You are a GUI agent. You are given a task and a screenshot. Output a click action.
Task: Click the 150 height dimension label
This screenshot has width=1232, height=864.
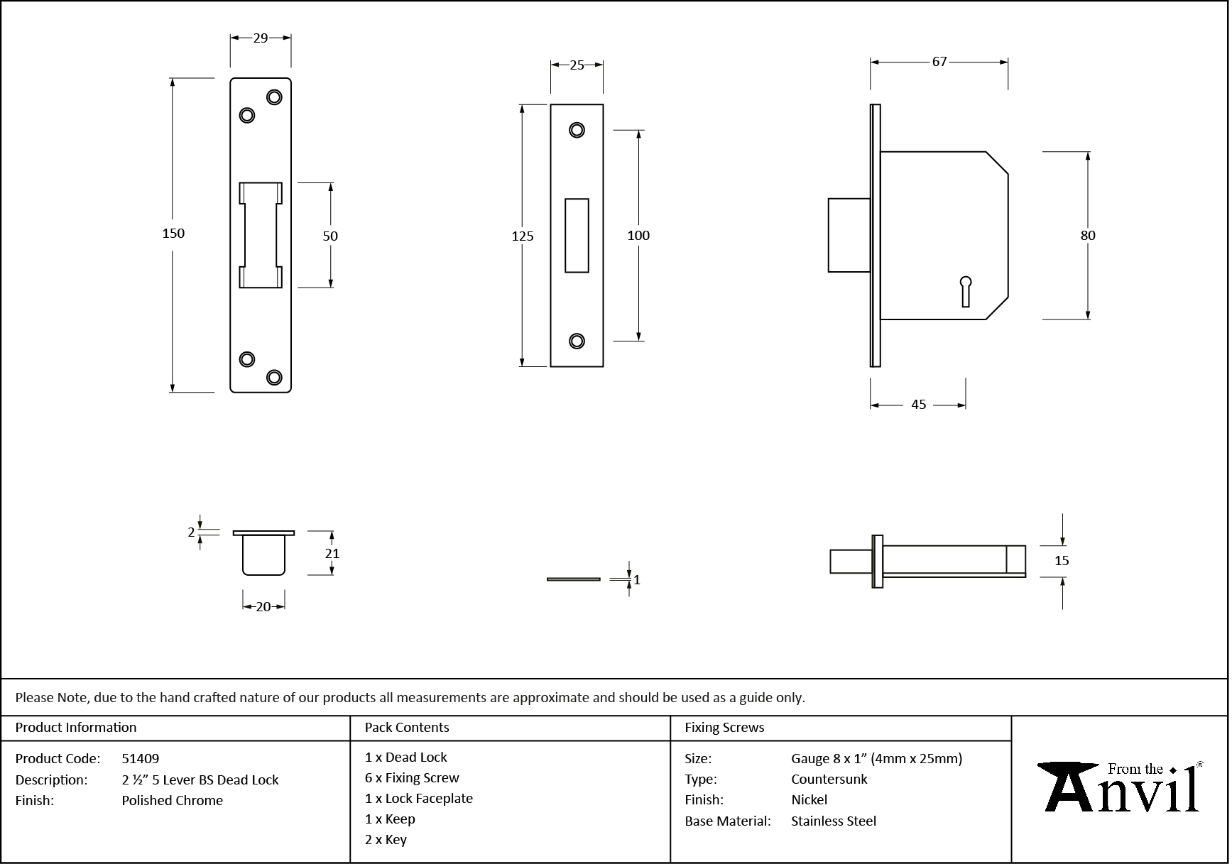coord(173,233)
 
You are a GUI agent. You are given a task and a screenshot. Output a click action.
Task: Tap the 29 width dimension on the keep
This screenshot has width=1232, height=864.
coord(261,38)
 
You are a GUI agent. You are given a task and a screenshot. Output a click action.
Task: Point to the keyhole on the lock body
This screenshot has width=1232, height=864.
coord(965,290)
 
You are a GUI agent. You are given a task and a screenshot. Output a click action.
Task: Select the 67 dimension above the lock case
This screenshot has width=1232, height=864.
coord(939,62)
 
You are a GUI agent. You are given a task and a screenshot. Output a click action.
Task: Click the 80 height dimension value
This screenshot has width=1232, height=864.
coord(1087,236)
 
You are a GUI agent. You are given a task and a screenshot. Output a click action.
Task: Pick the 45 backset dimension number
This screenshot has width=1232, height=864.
coord(918,405)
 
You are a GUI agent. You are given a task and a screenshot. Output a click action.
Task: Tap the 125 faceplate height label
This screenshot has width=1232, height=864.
coord(522,236)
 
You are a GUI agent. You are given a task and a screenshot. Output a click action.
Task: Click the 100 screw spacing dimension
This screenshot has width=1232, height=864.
coord(638,236)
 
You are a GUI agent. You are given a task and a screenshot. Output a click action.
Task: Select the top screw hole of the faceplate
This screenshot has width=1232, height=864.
coord(577,130)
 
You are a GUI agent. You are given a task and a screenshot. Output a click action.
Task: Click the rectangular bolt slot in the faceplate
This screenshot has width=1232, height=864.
coord(577,236)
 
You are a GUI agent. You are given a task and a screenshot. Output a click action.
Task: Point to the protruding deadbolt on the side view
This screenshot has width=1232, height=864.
coord(849,236)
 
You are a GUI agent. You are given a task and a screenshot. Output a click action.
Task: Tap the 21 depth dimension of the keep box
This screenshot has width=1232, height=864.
coord(332,554)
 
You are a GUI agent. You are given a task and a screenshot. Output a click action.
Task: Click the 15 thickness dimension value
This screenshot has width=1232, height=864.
coord(1061,561)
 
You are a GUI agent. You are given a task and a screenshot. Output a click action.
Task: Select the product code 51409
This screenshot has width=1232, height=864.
coord(141,758)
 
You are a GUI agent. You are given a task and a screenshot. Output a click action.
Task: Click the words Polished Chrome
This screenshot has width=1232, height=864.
coord(172,800)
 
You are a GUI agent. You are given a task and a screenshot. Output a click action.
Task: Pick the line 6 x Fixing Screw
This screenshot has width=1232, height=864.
coord(412,778)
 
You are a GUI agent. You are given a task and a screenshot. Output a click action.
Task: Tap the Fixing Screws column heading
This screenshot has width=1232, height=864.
coord(724,728)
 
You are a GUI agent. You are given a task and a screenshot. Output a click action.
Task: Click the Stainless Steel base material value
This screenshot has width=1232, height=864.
coord(834,821)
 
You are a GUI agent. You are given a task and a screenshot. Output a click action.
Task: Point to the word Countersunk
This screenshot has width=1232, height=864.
coord(829,779)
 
